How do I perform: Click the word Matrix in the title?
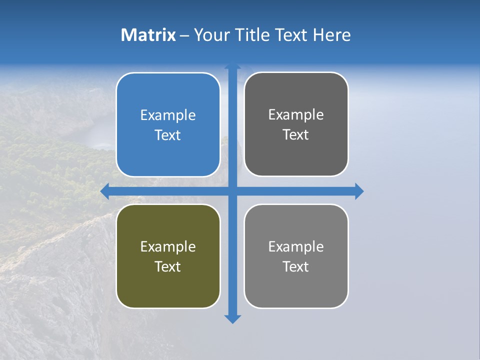point(148,35)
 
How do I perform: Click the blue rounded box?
point(168,124)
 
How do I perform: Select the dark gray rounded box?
point(296,124)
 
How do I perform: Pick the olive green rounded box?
point(168,256)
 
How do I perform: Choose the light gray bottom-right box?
point(296,256)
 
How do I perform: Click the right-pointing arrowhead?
point(359,191)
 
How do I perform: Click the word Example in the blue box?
point(168,115)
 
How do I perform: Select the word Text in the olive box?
point(168,266)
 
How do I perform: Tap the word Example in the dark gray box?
point(296,114)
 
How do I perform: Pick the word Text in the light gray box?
point(296,266)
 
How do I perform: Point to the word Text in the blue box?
point(168,135)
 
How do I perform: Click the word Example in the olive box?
point(168,246)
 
